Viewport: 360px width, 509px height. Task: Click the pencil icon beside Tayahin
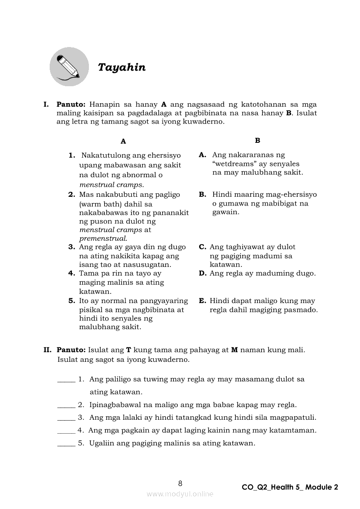[x=69, y=67]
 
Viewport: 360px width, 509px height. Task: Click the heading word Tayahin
[x=122, y=67]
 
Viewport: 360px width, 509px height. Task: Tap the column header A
[x=123, y=141]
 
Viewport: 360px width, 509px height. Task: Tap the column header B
[x=258, y=140]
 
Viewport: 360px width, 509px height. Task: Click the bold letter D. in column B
[x=202, y=273]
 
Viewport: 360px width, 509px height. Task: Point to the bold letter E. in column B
[x=202, y=301]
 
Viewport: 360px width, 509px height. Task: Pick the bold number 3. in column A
[x=72, y=247]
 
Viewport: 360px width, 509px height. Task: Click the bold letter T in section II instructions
[x=129, y=350]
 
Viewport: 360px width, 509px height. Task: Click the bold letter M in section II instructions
[x=234, y=350]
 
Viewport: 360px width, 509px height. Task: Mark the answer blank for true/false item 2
[x=66, y=405]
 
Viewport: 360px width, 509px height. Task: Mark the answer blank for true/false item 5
[x=66, y=444]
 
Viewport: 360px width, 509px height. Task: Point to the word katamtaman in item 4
[x=293, y=431]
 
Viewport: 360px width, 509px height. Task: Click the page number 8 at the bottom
[x=180, y=483]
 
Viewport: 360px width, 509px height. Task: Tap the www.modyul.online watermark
[x=180, y=494]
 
